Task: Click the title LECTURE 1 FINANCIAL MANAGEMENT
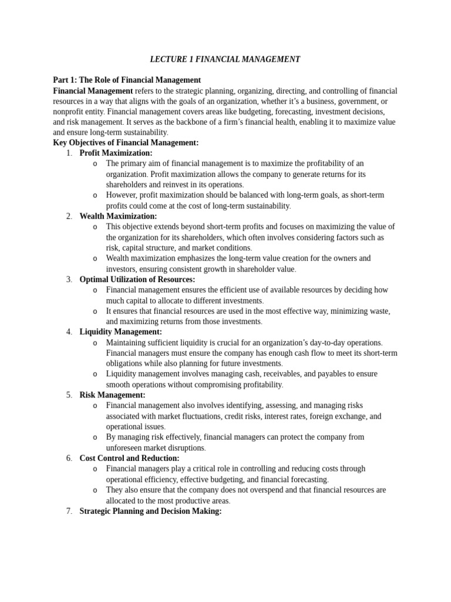pos(225,59)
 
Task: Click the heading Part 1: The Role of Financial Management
pos(127,80)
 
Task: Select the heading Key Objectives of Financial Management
pos(126,143)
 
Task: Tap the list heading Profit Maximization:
pos(116,153)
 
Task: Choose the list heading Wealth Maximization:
pos(118,216)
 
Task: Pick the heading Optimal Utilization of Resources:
pos(137,280)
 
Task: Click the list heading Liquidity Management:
pos(120,332)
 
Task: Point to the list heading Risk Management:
pos(112,395)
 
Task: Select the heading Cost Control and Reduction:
pos(129,459)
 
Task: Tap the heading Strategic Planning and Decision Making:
pos(150,511)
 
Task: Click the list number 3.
pos(69,280)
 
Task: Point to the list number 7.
pos(69,511)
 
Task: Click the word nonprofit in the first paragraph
pos(70,112)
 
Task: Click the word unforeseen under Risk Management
pos(126,448)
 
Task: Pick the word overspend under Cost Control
pos(262,490)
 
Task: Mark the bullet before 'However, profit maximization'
pos(95,196)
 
